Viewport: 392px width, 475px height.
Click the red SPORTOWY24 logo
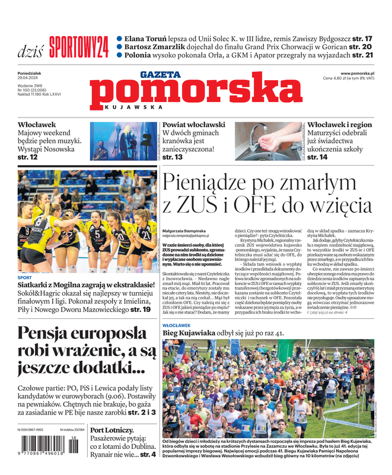pos(78,46)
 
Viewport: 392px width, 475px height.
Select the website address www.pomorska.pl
pos(361,73)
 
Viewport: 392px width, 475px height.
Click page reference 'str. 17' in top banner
pos(361,38)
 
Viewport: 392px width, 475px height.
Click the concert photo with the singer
pos(123,142)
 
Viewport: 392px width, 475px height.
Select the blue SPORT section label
pos(25,277)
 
